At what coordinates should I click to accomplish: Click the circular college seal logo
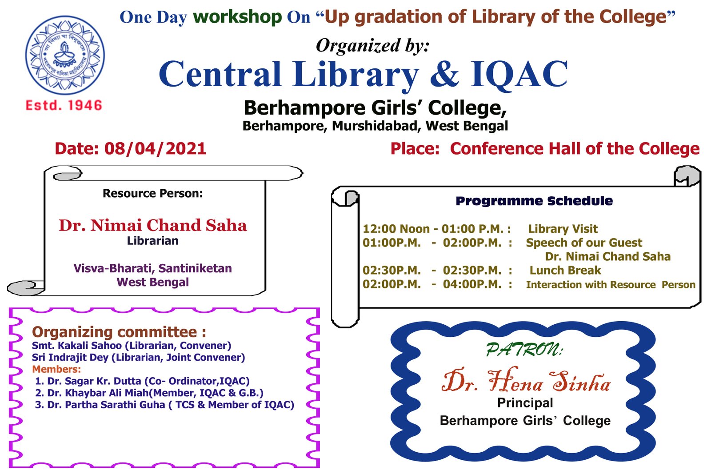(x=65, y=55)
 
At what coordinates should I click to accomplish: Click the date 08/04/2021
(x=156, y=149)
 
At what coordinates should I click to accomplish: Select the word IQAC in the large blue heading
(x=519, y=74)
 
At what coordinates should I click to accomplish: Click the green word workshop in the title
(x=237, y=17)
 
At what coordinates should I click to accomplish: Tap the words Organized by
(x=373, y=46)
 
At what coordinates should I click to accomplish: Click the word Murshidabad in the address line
(x=375, y=126)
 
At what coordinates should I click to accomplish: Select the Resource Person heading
(x=153, y=193)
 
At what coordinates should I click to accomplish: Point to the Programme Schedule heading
(x=534, y=201)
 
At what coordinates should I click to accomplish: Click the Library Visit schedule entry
(x=563, y=229)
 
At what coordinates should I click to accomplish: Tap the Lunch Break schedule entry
(x=565, y=270)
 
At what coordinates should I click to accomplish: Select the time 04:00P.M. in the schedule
(x=472, y=284)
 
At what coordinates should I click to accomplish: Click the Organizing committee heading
(x=119, y=332)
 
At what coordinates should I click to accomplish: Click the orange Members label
(x=56, y=369)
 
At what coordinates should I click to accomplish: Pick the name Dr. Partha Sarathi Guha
(x=106, y=405)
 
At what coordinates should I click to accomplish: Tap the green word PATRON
(x=524, y=350)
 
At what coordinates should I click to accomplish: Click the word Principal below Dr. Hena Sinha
(x=525, y=403)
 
